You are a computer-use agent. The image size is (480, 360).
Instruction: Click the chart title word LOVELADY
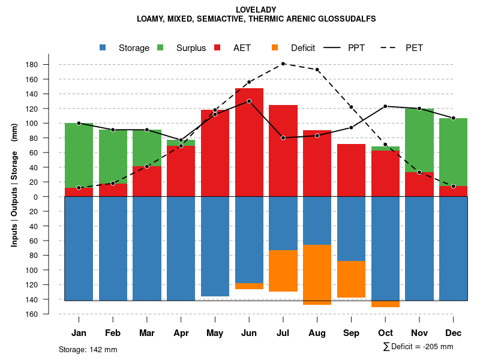click(256, 10)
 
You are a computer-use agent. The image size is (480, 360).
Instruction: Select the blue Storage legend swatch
click(103, 48)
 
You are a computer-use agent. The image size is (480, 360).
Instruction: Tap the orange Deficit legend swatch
click(275, 48)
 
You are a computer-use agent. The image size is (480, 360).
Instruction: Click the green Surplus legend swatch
click(160, 48)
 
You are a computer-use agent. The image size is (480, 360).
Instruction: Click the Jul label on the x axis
click(283, 333)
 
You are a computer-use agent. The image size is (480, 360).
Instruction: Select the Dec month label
click(454, 333)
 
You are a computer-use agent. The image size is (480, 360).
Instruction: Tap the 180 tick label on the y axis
click(48, 65)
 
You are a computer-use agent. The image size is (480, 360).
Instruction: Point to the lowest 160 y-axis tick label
click(48, 314)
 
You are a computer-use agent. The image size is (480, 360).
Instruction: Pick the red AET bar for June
click(249, 144)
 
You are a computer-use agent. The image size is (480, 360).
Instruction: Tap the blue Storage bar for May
click(215, 246)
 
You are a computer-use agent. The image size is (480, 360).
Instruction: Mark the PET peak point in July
click(283, 64)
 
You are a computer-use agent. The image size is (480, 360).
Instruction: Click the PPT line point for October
click(385, 106)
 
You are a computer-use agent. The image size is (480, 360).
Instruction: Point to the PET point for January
click(79, 188)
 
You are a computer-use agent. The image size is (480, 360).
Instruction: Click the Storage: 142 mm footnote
click(88, 349)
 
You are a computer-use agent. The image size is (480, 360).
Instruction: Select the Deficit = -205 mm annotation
click(418, 346)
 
